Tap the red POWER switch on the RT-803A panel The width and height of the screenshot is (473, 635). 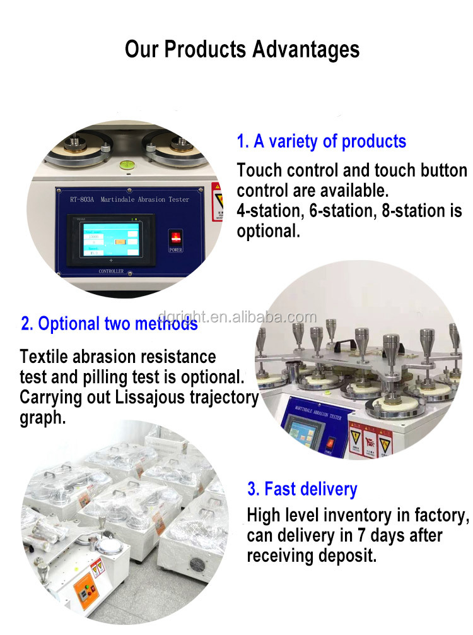[175, 239]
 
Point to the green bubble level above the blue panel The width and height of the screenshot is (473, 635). [126, 166]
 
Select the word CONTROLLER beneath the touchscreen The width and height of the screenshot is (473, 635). [111, 271]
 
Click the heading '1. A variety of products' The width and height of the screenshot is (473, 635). [321, 141]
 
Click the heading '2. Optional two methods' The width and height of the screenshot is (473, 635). [109, 324]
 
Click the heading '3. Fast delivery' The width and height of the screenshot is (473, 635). [302, 489]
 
